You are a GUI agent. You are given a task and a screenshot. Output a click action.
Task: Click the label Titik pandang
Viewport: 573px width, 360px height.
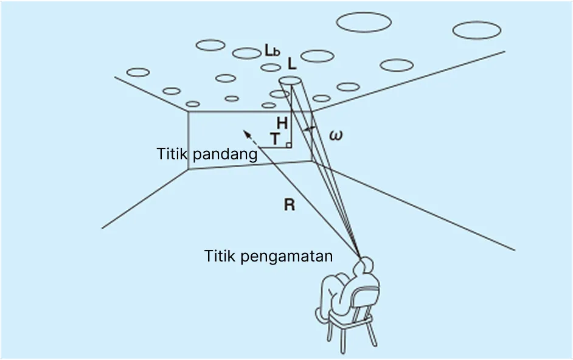(207, 154)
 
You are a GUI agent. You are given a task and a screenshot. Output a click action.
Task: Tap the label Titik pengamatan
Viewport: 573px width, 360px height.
(268, 256)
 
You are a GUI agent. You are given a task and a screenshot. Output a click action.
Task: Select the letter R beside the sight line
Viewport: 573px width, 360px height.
(290, 205)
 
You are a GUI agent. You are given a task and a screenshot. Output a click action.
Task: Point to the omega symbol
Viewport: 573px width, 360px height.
(335, 135)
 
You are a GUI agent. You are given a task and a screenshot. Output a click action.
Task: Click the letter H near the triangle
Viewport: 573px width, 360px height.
(282, 123)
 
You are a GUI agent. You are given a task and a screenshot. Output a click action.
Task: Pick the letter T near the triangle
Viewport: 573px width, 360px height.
(276, 140)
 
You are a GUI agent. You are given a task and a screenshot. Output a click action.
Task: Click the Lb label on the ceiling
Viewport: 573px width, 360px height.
(272, 51)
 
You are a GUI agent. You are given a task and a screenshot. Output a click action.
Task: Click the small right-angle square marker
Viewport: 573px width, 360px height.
(288, 145)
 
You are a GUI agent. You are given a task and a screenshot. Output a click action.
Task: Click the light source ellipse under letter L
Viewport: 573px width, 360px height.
(290, 81)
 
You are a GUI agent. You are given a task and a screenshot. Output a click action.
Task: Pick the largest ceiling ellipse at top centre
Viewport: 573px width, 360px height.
(363, 22)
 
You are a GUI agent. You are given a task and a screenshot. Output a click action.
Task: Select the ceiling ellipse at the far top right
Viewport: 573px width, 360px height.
(477, 30)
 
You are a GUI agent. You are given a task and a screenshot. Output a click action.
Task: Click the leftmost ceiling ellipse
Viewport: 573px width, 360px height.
(138, 72)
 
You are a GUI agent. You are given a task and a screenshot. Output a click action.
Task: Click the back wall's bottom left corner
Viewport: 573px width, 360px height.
(189, 170)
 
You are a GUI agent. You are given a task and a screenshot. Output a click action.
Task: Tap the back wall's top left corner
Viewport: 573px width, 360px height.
(188, 111)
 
